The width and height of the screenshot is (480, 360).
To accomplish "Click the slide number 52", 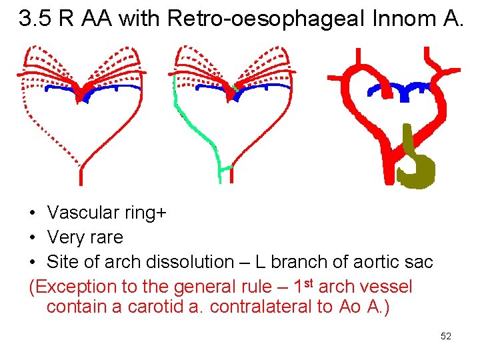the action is (x=446, y=336).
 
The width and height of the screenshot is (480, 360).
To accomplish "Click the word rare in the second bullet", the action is (x=107, y=237).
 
